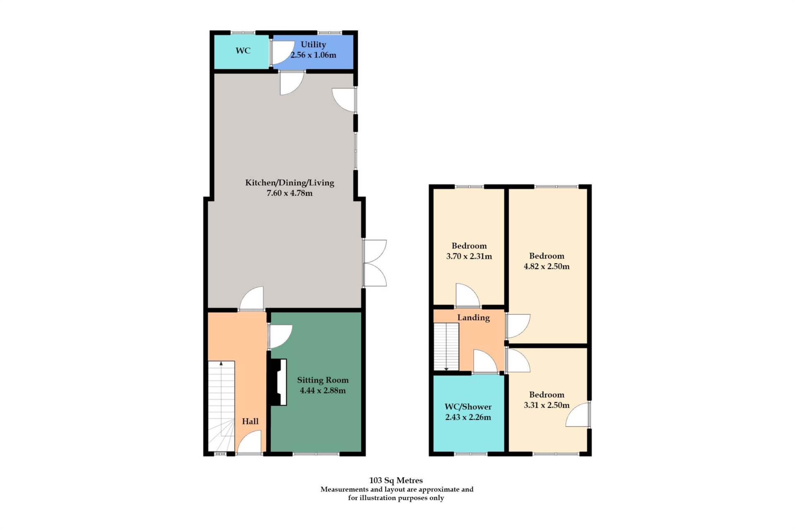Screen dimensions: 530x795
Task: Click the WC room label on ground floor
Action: click(x=243, y=51)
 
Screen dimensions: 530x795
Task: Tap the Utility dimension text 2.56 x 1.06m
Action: click(x=313, y=55)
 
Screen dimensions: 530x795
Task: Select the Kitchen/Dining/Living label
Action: click(x=289, y=183)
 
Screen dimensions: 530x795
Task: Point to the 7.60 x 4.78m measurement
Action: click(x=289, y=193)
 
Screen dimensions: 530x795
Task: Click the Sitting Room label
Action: click(x=323, y=380)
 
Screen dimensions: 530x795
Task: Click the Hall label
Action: click(x=250, y=422)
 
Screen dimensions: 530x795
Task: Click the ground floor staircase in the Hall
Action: click(x=221, y=406)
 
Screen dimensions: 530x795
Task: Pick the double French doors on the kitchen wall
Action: click(x=375, y=263)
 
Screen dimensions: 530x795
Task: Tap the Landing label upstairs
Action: click(x=473, y=318)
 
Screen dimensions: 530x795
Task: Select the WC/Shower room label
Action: click(x=468, y=407)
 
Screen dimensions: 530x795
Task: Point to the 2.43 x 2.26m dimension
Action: click(x=468, y=417)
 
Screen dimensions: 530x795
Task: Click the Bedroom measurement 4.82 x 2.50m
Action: click(x=547, y=266)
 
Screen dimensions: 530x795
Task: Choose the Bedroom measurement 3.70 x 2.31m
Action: click(x=469, y=256)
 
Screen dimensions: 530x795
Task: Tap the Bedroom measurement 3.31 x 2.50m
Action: click(x=547, y=405)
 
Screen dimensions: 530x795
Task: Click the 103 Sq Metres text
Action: click(x=396, y=480)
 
